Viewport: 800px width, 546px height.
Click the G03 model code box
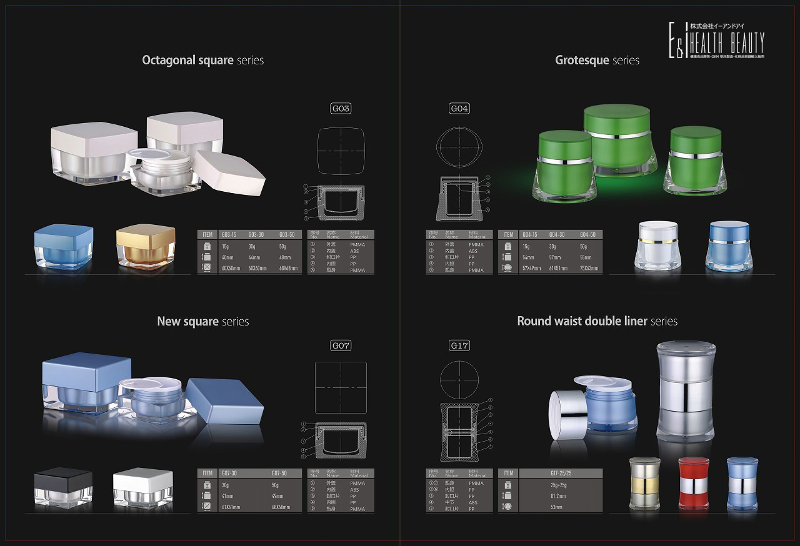click(x=341, y=109)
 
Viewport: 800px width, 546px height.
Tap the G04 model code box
click(x=459, y=109)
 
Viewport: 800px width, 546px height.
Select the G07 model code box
click(x=341, y=345)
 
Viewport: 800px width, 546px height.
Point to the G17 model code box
click(x=459, y=345)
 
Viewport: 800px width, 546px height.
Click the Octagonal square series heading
click(x=202, y=61)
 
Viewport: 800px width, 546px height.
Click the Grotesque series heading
click(x=597, y=61)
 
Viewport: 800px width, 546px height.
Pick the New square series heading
click(x=202, y=322)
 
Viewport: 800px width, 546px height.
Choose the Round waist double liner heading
click(x=597, y=321)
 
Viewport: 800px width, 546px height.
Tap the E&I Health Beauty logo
click(x=716, y=41)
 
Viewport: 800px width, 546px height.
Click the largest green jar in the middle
click(x=616, y=141)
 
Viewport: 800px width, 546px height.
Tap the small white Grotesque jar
click(x=657, y=245)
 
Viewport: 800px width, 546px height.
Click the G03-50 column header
click(x=287, y=235)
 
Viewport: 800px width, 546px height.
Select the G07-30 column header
click(x=229, y=473)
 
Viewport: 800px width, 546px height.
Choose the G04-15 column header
click(x=529, y=235)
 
